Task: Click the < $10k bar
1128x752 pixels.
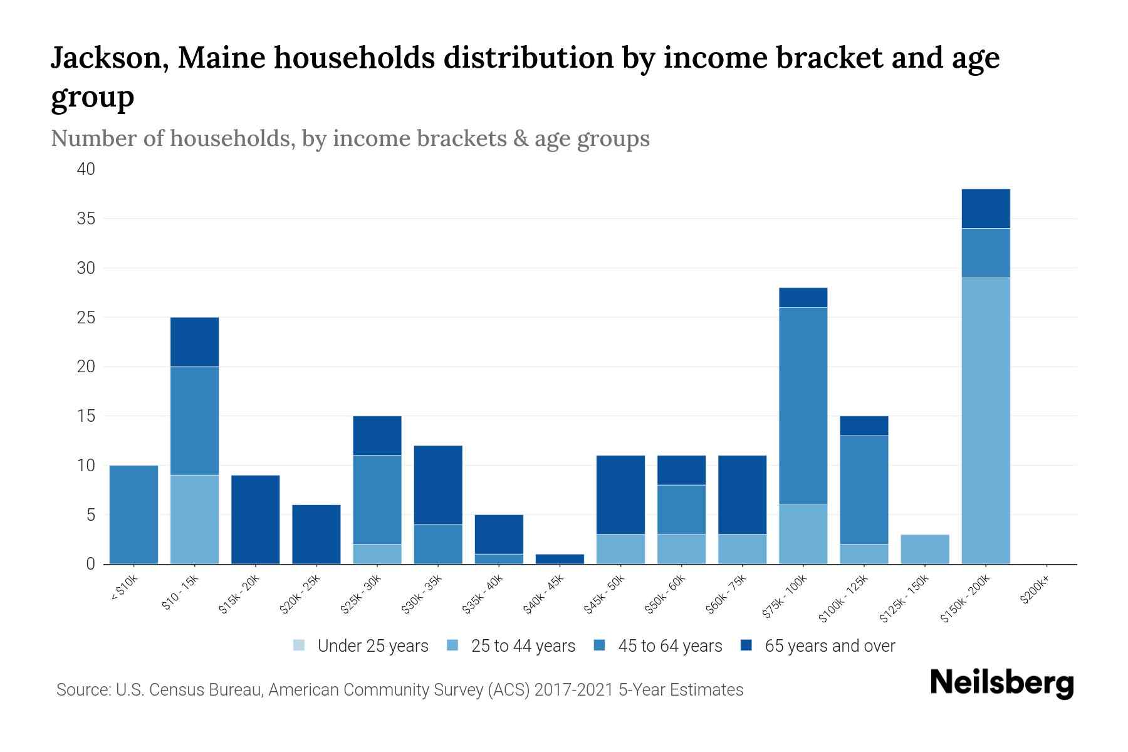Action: (x=133, y=514)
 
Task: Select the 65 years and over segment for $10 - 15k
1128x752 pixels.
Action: (x=195, y=342)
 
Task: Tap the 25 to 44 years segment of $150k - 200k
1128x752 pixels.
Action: (x=986, y=420)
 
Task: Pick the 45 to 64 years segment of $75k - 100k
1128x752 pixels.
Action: (x=803, y=406)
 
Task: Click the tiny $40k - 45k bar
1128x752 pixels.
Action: (x=560, y=559)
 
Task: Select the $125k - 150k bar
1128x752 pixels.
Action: (x=925, y=549)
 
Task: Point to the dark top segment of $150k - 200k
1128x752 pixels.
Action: (x=986, y=209)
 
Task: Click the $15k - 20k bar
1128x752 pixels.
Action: (x=256, y=520)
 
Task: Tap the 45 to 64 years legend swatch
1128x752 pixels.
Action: (x=600, y=645)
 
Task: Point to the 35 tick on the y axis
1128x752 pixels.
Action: (x=86, y=219)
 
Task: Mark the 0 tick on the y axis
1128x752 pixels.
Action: (x=91, y=564)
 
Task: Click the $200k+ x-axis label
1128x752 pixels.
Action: (x=1034, y=592)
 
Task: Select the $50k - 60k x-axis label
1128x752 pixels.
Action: (x=666, y=595)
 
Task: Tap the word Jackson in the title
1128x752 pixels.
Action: (x=108, y=58)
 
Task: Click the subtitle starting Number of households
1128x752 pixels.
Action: (x=350, y=138)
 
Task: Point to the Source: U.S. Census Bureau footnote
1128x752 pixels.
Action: (x=400, y=690)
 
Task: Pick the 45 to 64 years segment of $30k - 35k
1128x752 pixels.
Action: (x=439, y=544)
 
